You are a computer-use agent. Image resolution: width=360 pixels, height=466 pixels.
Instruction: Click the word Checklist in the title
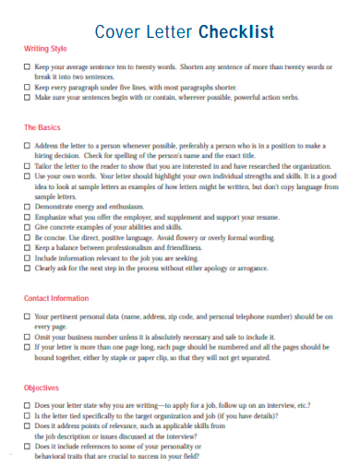pyautogui.click(x=236, y=32)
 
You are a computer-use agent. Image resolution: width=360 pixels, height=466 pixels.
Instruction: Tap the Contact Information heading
pyautogui.click(x=55, y=299)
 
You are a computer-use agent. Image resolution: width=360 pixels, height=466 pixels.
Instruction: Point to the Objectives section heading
pyautogui.click(x=41, y=388)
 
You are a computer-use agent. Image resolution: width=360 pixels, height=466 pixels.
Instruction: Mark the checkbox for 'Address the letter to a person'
pyautogui.click(x=26, y=146)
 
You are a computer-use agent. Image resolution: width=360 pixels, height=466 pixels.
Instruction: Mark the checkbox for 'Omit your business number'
pyautogui.click(x=26, y=337)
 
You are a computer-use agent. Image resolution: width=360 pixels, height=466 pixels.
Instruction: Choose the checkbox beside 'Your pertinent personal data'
pyautogui.click(x=26, y=317)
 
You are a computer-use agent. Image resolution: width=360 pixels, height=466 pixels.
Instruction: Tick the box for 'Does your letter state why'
pyautogui.click(x=26, y=405)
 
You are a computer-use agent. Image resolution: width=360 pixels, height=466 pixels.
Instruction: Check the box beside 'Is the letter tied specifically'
pyautogui.click(x=26, y=416)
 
